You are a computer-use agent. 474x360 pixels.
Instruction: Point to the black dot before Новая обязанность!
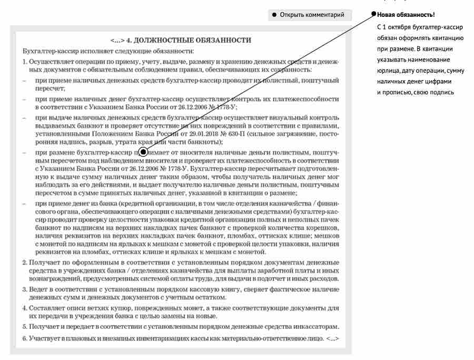374,14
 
